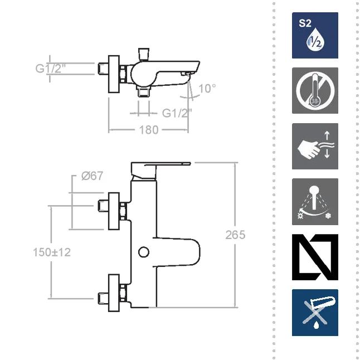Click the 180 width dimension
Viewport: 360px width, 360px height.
coord(149,130)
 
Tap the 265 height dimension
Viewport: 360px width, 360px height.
coord(235,235)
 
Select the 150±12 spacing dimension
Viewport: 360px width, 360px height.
coord(52,252)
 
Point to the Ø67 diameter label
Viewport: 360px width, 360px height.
coord(93,176)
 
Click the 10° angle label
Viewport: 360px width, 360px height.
coord(207,89)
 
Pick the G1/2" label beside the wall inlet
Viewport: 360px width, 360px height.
coord(51,69)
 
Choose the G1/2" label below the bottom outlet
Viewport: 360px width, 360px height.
coord(177,113)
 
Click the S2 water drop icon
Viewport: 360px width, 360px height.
coord(315,35)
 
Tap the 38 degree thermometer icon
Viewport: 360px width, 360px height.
coord(315,90)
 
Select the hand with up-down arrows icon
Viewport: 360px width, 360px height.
coord(315,146)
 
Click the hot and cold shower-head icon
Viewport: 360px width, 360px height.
coord(315,202)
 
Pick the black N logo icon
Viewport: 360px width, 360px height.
coord(315,257)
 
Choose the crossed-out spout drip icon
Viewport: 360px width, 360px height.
coord(315,313)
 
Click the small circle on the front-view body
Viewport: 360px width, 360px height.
coord(144,252)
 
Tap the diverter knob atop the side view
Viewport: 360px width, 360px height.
coord(144,54)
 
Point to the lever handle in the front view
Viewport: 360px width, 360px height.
coord(160,170)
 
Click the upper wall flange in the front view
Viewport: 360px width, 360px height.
coord(114,211)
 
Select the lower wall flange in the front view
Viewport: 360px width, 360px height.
coord(114,293)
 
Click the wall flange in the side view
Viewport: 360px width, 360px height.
coord(114,74)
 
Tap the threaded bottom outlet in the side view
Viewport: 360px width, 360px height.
coord(144,91)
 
